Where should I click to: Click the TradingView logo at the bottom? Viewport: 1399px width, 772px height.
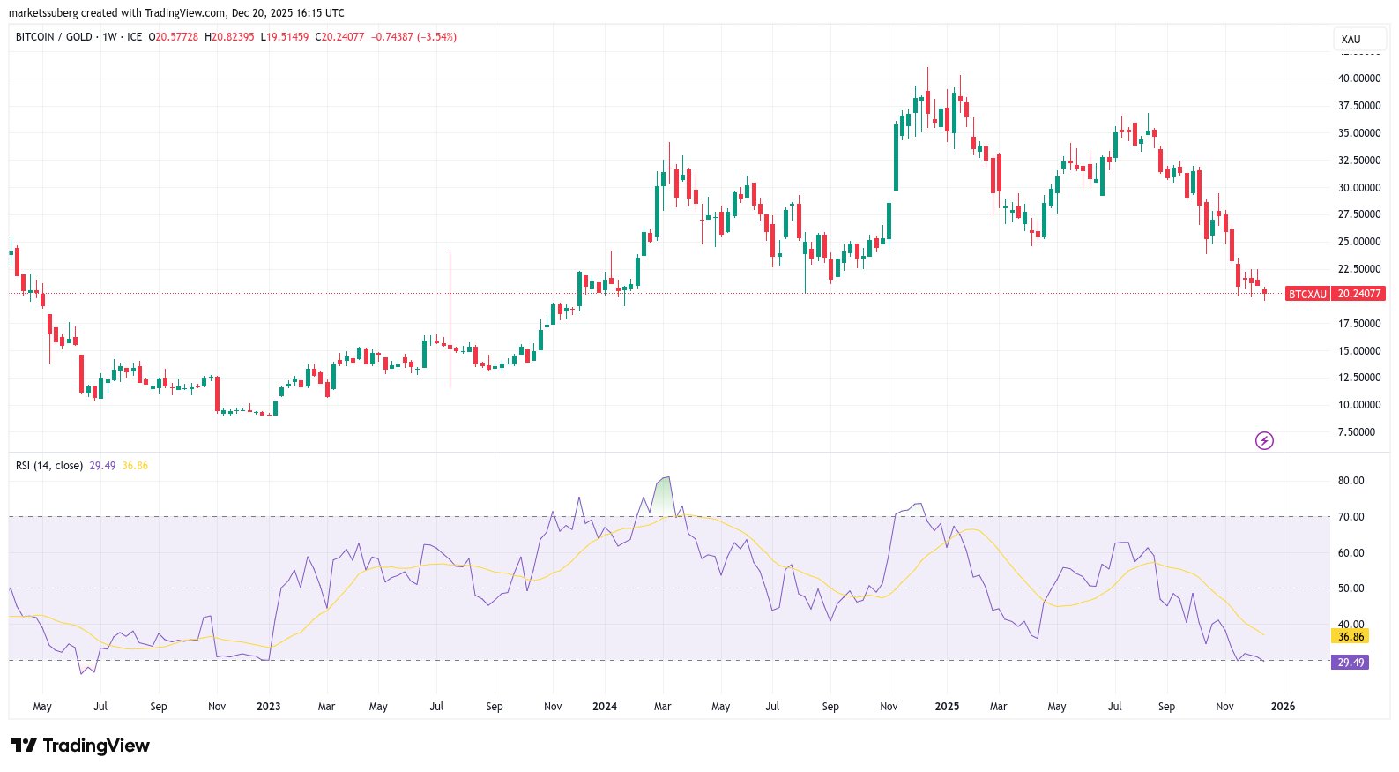[80, 746]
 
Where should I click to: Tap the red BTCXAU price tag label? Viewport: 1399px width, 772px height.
[1307, 294]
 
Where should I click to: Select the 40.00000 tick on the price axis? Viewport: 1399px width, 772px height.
[1359, 79]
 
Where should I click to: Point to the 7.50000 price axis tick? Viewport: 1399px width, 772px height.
[1357, 432]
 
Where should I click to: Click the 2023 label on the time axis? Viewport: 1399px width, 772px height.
[268, 707]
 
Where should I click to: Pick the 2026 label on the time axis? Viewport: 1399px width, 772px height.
[1283, 707]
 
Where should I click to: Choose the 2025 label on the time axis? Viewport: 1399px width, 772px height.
[947, 707]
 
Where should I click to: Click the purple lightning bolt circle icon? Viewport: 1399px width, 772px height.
[1264, 440]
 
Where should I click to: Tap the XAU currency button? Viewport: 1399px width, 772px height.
[1351, 40]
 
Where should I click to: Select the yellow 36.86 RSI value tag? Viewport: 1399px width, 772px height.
[1351, 636]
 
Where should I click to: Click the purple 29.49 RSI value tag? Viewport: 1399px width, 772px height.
[1351, 663]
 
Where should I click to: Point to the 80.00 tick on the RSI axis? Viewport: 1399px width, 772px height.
[1351, 481]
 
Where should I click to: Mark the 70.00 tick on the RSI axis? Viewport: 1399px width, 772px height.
[1351, 517]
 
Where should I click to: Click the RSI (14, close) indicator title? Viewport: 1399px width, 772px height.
[49, 466]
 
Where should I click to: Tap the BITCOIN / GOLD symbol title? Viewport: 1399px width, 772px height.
[54, 37]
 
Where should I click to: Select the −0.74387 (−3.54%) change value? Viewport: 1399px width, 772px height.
[413, 37]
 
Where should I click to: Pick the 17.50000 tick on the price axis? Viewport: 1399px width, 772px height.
[1359, 324]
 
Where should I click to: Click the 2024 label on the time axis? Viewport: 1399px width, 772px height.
[605, 707]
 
